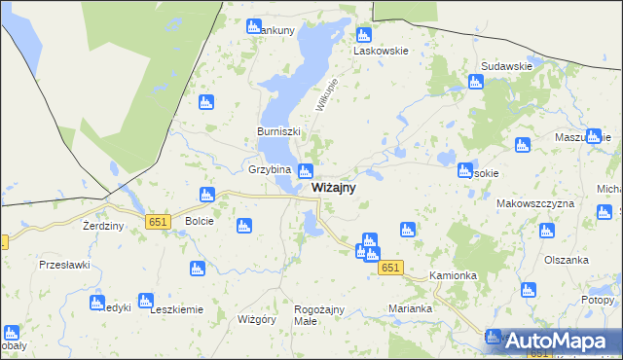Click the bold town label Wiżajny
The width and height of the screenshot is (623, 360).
click(x=333, y=187)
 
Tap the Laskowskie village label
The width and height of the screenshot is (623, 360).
click(x=381, y=50)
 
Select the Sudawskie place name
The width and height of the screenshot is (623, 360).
click(x=506, y=66)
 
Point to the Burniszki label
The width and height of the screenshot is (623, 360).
click(x=278, y=131)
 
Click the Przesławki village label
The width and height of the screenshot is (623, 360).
click(x=64, y=265)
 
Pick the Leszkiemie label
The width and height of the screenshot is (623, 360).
click(x=176, y=310)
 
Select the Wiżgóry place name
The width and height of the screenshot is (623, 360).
click(x=258, y=318)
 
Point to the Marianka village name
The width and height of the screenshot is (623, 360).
click(x=410, y=308)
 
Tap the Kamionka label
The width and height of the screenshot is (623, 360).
click(x=453, y=275)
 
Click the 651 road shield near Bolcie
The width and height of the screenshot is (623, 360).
click(x=160, y=223)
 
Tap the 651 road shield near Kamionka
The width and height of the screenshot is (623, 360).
click(x=390, y=268)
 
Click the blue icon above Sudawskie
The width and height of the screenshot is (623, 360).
click(x=476, y=82)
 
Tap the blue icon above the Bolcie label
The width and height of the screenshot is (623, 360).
click(x=206, y=195)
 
